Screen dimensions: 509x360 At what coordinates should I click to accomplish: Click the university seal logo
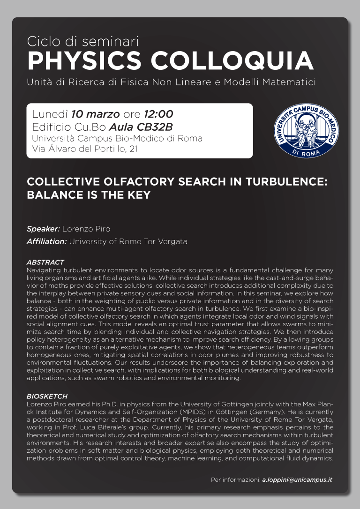306,129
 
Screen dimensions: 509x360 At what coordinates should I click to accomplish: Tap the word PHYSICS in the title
84,61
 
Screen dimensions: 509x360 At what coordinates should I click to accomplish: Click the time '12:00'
158,114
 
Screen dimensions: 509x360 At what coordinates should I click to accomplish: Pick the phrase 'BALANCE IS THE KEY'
89,195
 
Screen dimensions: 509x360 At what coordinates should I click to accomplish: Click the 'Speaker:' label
43,229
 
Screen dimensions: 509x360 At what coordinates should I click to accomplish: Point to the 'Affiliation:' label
47,242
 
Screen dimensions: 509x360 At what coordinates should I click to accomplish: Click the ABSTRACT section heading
45,262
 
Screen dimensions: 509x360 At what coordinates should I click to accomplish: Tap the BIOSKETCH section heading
47,396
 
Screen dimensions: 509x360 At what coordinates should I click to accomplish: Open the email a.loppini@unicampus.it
297,480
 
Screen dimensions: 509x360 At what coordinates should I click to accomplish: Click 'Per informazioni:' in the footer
235,480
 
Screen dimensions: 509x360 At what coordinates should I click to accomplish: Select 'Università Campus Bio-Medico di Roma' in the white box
117,138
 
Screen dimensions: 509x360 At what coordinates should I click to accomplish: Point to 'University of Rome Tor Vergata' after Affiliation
128,242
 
